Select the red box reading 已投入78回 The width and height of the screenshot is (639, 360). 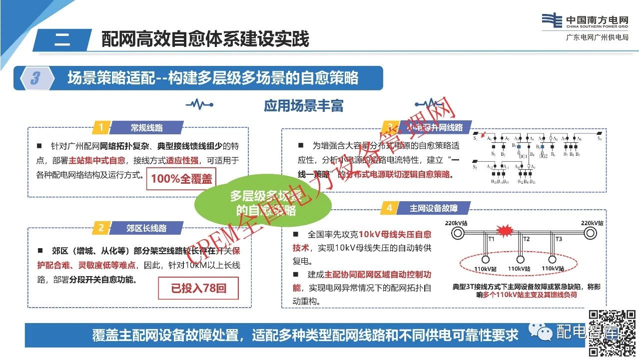(198, 288)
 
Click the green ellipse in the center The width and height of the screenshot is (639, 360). (263, 203)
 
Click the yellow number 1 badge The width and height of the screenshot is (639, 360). (101, 128)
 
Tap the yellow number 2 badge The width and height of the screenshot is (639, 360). (101, 228)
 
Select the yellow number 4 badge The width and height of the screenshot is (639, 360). (389, 208)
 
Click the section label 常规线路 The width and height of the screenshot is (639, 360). (147, 128)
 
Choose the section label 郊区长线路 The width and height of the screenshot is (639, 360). (146, 228)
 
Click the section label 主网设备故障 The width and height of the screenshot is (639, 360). (433, 208)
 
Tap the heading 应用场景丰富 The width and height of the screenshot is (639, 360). (304, 106)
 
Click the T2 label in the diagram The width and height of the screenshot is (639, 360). (526, 239)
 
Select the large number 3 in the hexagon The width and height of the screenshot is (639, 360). (35, 78)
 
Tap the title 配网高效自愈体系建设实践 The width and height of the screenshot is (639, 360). (205, 39)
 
